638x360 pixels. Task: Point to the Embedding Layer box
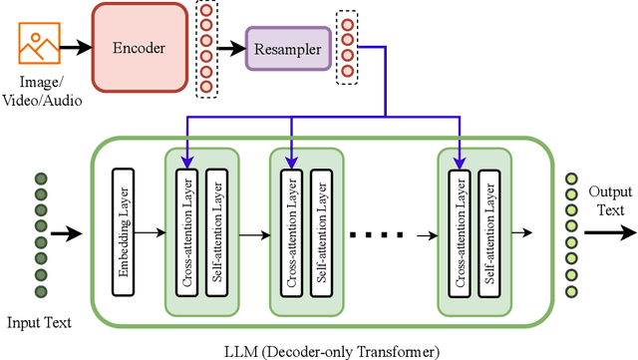point(123,231)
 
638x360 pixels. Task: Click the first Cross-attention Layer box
point(185,231)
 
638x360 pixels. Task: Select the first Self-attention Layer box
point(215,231)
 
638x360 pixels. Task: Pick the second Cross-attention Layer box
point(290,231)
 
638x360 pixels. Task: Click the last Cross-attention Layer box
point(460,231)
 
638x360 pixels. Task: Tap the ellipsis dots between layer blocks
point(378,235)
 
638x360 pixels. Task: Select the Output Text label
point(605,201)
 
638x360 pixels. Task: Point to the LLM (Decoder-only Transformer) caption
point(331,350)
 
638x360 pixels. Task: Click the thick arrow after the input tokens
point(68,235)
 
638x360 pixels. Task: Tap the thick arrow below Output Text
point(609,235)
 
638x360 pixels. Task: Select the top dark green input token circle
point(41,180)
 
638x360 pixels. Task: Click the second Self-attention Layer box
point(320,231)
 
